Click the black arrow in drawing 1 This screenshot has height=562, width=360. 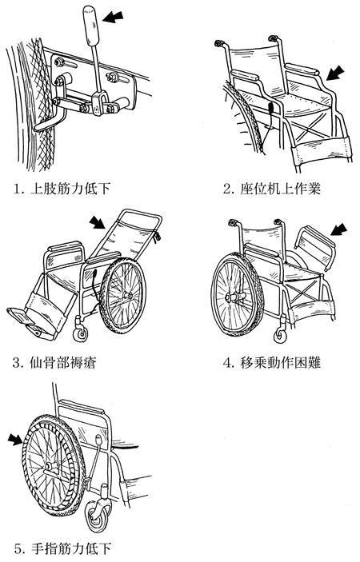113,17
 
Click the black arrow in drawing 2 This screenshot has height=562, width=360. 335,74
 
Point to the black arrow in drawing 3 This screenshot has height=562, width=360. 97,222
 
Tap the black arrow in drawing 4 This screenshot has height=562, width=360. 338,229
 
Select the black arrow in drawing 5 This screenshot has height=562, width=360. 16,439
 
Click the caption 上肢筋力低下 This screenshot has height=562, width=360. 62,189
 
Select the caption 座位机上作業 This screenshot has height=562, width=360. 271,189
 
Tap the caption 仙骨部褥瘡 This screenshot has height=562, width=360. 54,363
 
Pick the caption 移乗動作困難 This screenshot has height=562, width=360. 271,363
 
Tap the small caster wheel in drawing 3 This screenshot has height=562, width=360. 80,333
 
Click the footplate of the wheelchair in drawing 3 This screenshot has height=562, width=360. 22,317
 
